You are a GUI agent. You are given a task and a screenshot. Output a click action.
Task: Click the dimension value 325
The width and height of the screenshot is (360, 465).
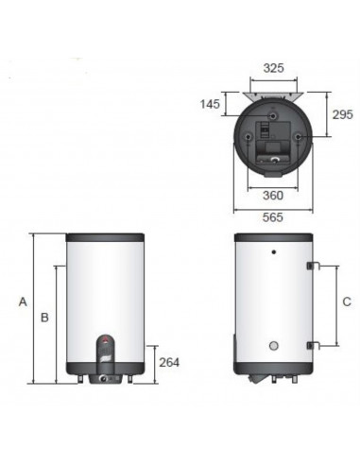pos(273,68)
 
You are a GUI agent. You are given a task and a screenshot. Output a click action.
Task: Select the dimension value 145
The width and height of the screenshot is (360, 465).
pos(210,104)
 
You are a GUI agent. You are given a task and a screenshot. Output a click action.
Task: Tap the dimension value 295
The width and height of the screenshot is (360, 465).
pos(343,114)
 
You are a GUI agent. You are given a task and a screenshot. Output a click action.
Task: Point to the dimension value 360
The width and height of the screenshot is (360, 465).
pos(273,196)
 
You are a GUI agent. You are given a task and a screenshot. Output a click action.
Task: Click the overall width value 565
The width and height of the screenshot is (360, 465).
pos(273,217)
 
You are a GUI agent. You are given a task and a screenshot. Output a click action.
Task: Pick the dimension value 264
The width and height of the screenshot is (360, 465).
pos(169,363)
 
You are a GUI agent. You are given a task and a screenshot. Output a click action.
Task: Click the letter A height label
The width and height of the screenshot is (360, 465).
pos(23,301)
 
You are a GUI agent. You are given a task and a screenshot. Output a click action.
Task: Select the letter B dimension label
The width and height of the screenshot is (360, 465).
pos(44,318)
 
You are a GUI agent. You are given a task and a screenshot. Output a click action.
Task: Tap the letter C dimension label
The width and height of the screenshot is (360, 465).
pos(347,301)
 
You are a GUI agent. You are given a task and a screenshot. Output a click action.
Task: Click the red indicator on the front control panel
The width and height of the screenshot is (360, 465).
pos(106,340)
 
